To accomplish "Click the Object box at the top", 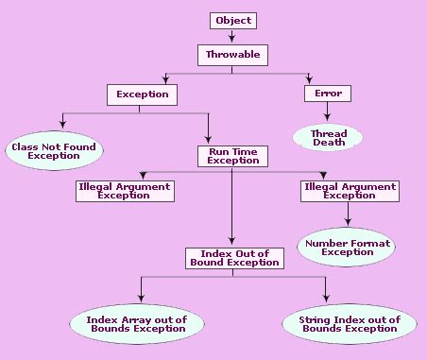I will pos(232,20).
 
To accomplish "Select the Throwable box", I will pos(232,54).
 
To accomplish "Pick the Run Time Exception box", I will pos(232,156).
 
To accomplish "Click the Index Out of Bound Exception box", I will pos(232,257).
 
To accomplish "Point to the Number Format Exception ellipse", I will pos(348,248).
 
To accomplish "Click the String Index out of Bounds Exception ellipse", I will pos(342,325).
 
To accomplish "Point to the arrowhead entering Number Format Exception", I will pos(348,224).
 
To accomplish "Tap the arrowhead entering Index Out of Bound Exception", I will pos(232,242).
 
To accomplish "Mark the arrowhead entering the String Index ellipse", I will pos(326,300).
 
